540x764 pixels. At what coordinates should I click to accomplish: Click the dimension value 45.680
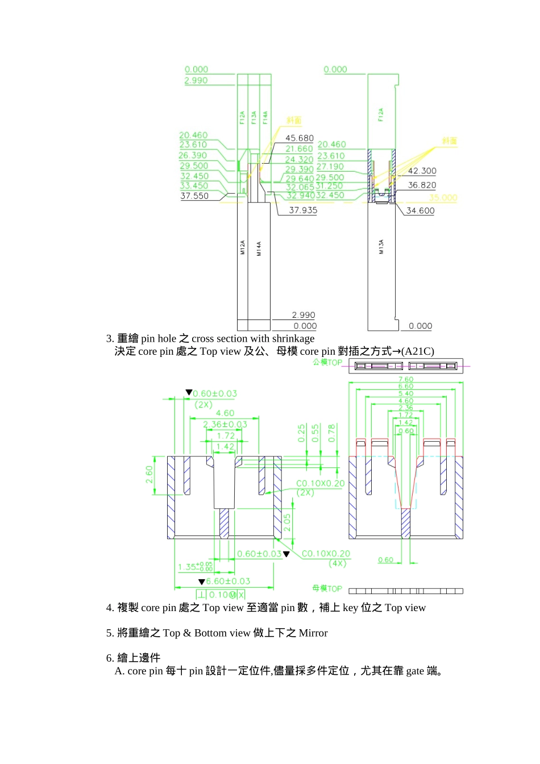pyautogui.click(x=300, y=138)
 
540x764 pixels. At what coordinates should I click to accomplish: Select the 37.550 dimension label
pyautogui.click(x=194, y=196)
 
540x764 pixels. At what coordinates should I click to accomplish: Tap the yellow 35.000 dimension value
pyautogui.click(x=443, y=198)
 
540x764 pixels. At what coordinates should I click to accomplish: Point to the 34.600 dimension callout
pyautogui.click(x=420, y=210)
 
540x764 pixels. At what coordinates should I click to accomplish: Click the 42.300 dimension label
pyautogui.click(x=422, y=171)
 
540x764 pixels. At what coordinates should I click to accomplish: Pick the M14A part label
pyautogui.click(x=259, y=248)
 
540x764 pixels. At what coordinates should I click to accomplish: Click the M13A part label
pyautogui.click(x=381, y=246)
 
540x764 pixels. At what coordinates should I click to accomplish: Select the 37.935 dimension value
pyautogui.click(x=303, y=210)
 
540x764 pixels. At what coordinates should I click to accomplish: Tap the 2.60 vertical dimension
pyautogui.click(x=149, y=475)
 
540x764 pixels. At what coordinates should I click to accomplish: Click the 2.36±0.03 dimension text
pyautogui.click(x=225, y=424)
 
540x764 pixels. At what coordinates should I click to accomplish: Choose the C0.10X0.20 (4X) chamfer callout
pyautogui.click(x=326, y=558)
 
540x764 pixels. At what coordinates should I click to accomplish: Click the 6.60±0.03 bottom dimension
pyautogui.click(x=228, y=581)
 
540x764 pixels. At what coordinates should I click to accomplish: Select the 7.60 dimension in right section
pyautogui.click(x=406, y=379)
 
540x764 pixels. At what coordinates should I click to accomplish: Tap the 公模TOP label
pyautogui.click(x=327, y=362)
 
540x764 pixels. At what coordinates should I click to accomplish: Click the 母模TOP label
pyautogui.click(x=327, y=588)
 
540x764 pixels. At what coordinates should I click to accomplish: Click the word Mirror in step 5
pyautogui.click(x=313, y=633)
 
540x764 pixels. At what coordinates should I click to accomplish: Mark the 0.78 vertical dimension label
pyautogui.click(x=332, y=433)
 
